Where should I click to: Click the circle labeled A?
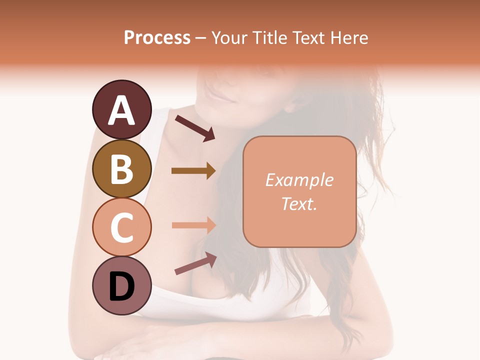pos(121,110)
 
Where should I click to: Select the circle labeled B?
pos(121,168)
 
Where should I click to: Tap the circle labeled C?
pos(121,227)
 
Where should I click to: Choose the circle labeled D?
pos(121,285)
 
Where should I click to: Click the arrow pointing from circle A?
pos(195,127)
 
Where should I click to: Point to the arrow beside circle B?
pos(193,171)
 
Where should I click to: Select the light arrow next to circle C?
pos(193,225)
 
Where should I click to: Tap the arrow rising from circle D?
pos(195,263)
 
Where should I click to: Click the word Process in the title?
pos(157,38)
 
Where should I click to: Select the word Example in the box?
pos(299,180)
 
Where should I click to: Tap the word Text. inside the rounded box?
pos(299,203)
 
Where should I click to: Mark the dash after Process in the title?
pos(200,38)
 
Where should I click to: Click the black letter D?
pos(121,287)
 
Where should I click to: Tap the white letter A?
pos(121,111)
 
